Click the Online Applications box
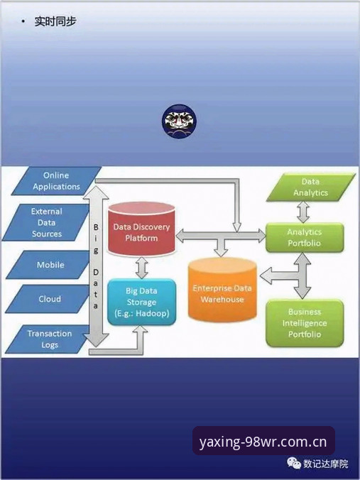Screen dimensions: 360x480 point(56,181)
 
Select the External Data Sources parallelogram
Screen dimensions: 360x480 point(47,222)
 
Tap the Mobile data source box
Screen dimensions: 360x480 point(49,265)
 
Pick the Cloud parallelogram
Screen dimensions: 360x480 point(49,299)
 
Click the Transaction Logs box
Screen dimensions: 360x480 point(48,339)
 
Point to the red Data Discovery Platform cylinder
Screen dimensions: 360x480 point(141,229)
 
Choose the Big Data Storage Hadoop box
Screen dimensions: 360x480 point(141,302)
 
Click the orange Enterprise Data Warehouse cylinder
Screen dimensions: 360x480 point(222,290)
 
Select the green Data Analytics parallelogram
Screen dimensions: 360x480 point(311,187)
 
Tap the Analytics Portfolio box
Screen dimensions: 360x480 point(305,238)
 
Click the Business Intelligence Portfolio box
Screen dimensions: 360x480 point(305,323)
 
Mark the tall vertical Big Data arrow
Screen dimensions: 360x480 point(96,266)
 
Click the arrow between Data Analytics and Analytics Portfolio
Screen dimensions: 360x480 point(303,212)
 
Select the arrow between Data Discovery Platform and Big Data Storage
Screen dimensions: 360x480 point(142,268)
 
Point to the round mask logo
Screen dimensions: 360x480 point(179,121)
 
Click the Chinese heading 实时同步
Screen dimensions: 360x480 point(55,21)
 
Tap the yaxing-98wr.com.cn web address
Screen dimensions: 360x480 point(263,442)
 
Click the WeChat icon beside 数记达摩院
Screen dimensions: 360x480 point(294,463)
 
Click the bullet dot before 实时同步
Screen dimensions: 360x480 point(23,21)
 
